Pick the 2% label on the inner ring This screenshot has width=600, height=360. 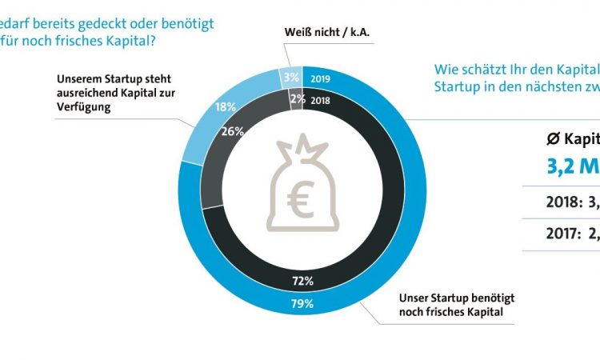point(295,98)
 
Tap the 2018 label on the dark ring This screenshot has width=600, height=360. point(319,100)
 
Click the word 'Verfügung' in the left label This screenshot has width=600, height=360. point(82,105)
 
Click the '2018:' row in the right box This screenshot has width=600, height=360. point(567,202)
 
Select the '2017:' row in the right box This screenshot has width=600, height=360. point(567,234)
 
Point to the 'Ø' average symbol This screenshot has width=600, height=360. point(551,138)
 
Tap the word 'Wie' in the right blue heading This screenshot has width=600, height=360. point(445,68)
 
